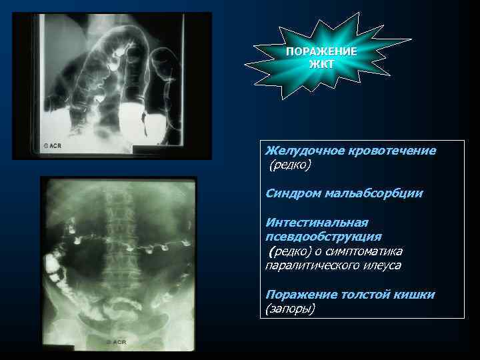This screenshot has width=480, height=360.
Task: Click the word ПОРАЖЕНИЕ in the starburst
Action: [x=321, y=52]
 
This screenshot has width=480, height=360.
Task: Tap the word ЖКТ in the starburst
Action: [x=321, y=64]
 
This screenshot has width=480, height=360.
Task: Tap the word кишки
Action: [x=413, y=294]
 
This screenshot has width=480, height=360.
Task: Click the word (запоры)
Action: [x=290, y=309]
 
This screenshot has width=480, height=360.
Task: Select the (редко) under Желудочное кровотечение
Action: [x=290, y=165]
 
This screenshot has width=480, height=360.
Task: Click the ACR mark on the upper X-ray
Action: [x=51, y=144]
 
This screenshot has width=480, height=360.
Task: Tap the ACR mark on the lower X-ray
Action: [x=115, y=341]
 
